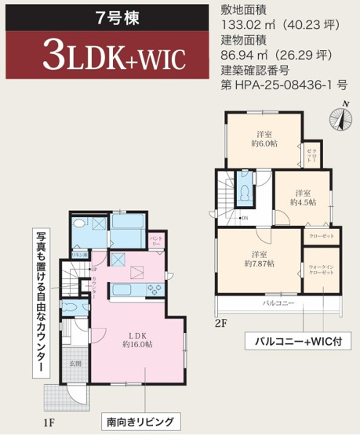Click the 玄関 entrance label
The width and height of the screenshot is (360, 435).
(76, 363)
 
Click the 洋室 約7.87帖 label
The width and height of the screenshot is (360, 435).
(258, 259)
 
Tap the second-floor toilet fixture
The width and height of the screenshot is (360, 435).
(245, 189)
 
